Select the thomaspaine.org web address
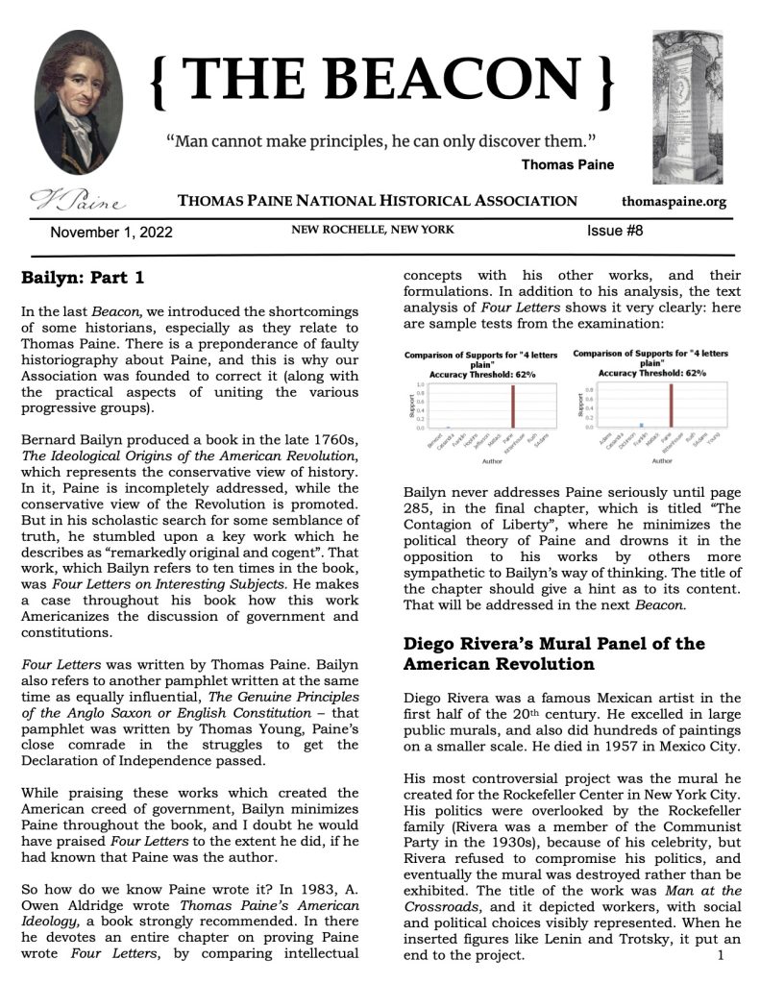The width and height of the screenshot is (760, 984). (674, 202)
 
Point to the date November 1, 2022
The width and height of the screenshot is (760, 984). (111, 233)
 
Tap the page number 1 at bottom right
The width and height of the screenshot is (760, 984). (720, 955)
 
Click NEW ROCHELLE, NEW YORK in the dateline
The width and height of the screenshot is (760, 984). (374, 231)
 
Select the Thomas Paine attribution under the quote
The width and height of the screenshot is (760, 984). (567, 164)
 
